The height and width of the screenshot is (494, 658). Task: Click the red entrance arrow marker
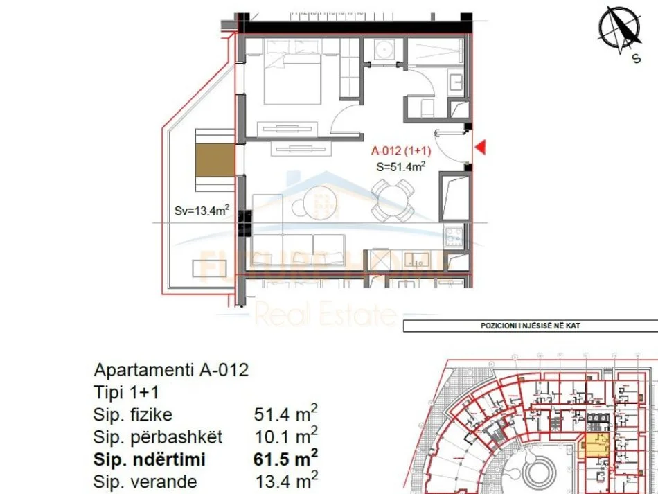[x=479, y=147]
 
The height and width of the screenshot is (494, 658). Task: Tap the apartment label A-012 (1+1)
[x=402, y=150]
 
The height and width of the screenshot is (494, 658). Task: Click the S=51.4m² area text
[x=400, y=166]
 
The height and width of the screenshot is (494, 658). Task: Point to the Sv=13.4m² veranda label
[x=202, y=211]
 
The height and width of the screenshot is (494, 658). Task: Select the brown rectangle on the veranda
[x=215, y=159]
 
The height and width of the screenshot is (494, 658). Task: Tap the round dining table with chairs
[x=391, y=200]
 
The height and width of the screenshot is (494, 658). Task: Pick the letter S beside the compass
[x=636, y=59]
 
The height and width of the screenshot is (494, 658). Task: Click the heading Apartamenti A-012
[x=170, y=370]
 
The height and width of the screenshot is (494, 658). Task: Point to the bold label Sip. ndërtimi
[x=149, y=459]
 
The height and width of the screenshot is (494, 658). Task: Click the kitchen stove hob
[x=453, y=236]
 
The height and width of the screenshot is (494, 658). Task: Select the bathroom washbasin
[x=457, y=83]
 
